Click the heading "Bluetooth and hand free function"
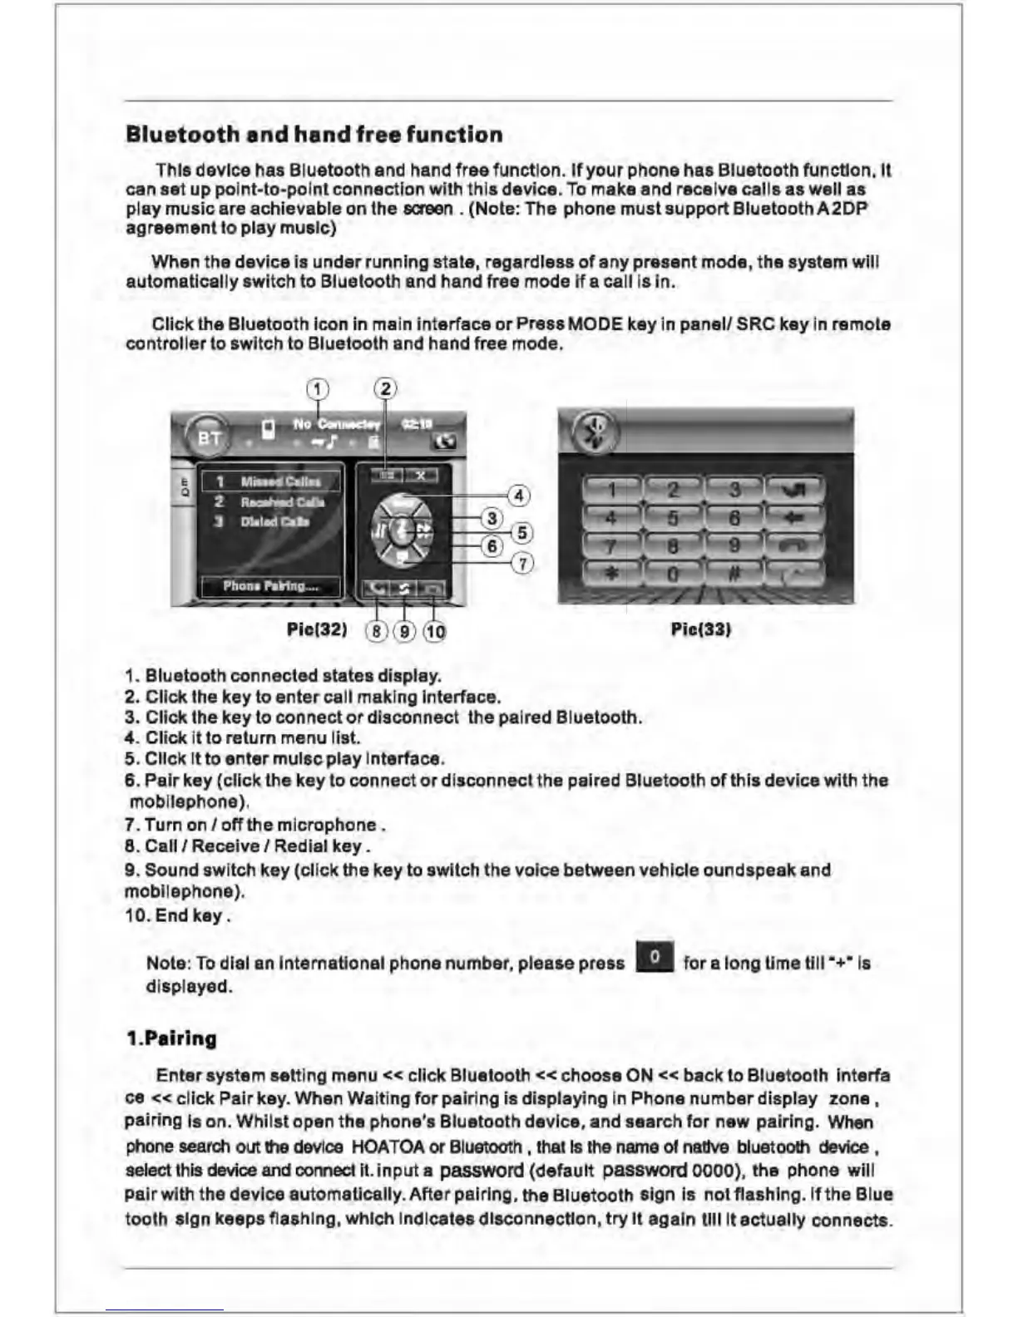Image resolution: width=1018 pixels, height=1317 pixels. point(314,135)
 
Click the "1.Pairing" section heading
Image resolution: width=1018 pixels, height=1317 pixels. point(171,1038)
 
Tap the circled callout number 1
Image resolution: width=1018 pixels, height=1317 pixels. point(317,389)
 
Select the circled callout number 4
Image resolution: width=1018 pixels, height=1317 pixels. point(518,496)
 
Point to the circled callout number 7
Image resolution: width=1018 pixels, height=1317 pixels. point(521,564)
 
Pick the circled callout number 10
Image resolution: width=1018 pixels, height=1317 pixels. point(434,631)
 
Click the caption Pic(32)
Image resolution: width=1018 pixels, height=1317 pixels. point(316,629)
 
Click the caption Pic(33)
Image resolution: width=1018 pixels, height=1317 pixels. point(700,629)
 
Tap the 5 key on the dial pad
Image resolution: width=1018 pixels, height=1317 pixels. point(673,519)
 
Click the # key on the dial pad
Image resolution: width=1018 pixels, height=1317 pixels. point(734,573)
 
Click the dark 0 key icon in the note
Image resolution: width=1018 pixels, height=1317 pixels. point(655,957)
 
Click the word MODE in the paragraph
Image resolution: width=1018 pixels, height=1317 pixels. point(595,323)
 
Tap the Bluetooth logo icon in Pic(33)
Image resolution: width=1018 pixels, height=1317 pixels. point(595,432)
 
